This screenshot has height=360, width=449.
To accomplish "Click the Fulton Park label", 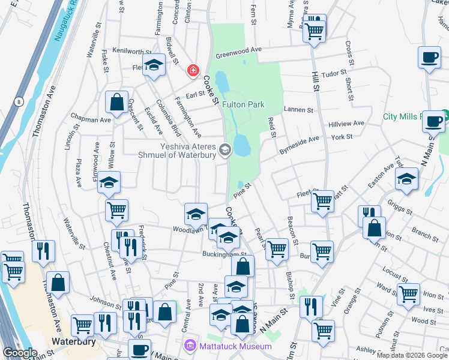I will [x=243, y=104].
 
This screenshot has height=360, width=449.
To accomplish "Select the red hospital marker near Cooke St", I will [x=193, y=71].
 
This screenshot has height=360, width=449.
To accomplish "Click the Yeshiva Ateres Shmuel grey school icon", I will [x=225, y=150].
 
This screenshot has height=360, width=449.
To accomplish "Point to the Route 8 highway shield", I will [x=19, y=101].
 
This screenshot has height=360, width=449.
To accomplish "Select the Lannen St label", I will [x=299, y=110].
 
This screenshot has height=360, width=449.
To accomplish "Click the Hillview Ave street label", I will [x=346, y=124].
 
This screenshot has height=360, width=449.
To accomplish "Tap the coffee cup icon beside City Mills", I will [x=432, y=121].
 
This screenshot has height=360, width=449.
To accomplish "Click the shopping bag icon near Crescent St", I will [x=116, y=102].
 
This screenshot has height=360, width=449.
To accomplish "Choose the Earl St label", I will [x=195, y=94].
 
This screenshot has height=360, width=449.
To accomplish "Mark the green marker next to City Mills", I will [x=445, y=113].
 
